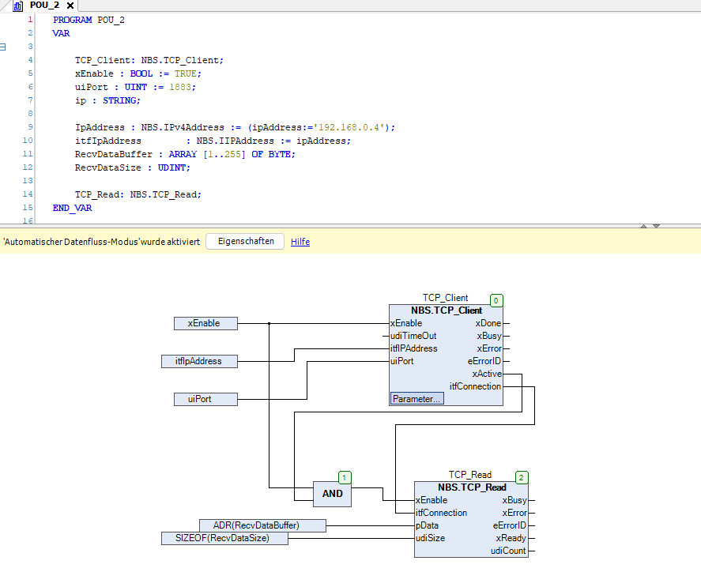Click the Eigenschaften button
[246, 242]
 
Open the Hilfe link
[300, 242]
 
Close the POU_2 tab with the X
[70, 6]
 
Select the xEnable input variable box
[206, 323]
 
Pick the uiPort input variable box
[206, 399]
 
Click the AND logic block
[332, 493]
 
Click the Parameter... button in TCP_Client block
[416, 399]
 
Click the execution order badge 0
[496, 301]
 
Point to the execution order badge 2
[521, 478]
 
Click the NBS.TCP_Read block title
[472, 487]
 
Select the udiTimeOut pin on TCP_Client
[414, 336]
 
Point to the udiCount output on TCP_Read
[507, 551]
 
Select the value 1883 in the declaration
[180, 87]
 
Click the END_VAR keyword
[72, 208]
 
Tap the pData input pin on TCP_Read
[428, 525]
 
